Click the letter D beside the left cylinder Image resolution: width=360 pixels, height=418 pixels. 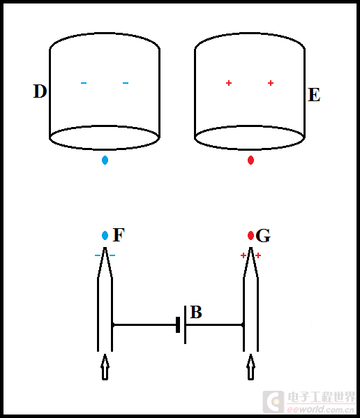[x=40, y=91]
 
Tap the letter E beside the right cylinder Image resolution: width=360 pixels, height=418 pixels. [x=314, y=95]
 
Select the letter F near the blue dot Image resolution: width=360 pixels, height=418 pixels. [x=119, y=235]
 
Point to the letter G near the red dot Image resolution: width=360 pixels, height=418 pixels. [x=263, y=236]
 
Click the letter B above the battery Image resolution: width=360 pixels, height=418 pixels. [x=196, y=312]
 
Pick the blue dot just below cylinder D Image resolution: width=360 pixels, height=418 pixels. [x=105, y=161]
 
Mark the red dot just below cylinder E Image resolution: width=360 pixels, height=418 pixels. [x=250, y=161]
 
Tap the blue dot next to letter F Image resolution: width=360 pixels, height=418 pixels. [x=105, y=235]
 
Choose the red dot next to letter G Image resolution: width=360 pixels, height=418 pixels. [x=250, y=235]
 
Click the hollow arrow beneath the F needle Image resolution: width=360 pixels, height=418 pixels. [x=105, y=367]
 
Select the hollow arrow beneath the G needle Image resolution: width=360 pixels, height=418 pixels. [x=250, y=367]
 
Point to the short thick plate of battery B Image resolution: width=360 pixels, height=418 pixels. [x=178, y=324]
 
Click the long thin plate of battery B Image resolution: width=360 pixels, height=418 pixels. [x=185, y=324]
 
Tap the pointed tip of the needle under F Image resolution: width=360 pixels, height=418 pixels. [x=105, y=248]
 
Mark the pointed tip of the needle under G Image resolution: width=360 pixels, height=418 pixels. [x=250, y=248]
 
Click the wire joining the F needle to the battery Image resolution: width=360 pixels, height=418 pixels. [x=144, y=324]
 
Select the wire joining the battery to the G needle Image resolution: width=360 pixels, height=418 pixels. [x=214, y=324]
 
